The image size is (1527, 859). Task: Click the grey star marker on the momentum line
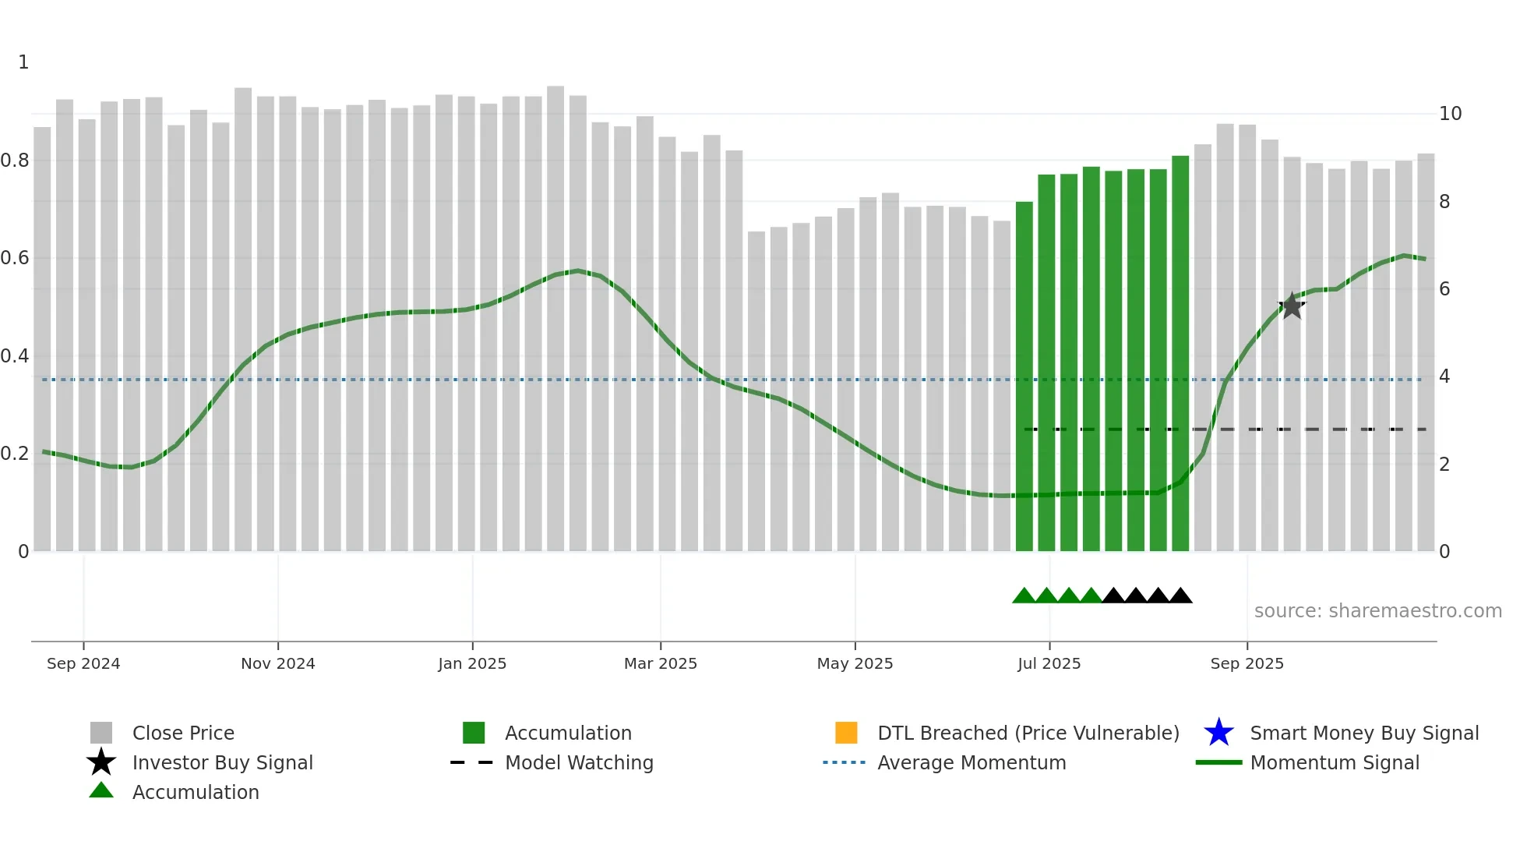(x=1292, y=306)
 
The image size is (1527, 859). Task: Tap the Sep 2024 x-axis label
(x=83, y=663)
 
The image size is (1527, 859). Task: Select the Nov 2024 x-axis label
(x=277, y=663)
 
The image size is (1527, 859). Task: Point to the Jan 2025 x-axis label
(x=472, y=663)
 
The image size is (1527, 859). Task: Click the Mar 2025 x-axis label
(x=661, y=663)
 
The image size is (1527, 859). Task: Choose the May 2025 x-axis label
(x=855, y=663)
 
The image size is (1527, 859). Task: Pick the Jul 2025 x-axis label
(x=1049, y=663)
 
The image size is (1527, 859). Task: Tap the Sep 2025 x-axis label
(x=1247, y=663)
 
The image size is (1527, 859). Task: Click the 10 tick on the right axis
(x=1450, y=114)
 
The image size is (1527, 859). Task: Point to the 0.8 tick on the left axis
(x=15, y=161)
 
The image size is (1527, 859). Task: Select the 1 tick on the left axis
(x=23, y=62)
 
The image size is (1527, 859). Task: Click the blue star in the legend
(x=1218, y=733)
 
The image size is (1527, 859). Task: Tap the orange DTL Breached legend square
(x=846, y=733)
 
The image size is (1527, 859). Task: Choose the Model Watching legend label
(x=579, y=762)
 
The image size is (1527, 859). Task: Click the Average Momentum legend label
(x=972, y=762)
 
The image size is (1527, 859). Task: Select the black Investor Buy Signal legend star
(x=101, y=762)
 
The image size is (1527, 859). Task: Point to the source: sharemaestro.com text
(x=1377, y=611)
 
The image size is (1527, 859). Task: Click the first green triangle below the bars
(x=1024, y=596)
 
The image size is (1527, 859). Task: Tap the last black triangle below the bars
(x=1180, y=596)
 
